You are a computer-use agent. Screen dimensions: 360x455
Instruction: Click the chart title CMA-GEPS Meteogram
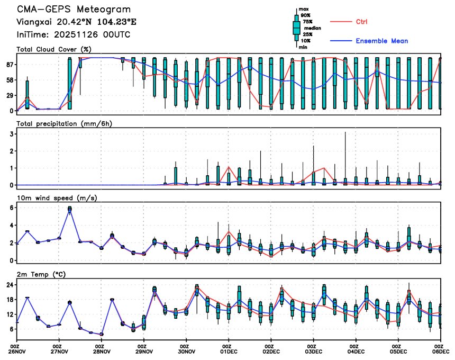pos(74,10)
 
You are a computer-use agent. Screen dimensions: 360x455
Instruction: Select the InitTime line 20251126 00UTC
pos(74,34)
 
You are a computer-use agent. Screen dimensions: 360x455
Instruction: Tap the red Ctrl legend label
pos(362,22)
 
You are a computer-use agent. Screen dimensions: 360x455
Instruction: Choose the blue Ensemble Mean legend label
pos(381,41)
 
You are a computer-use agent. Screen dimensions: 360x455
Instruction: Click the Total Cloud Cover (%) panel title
pos(53,49)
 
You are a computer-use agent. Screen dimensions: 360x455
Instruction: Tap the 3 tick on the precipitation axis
pos(11,134)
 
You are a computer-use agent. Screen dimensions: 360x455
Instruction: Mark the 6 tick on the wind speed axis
pos(11,209)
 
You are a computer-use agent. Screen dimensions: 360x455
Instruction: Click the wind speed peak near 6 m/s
pos(70,209)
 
